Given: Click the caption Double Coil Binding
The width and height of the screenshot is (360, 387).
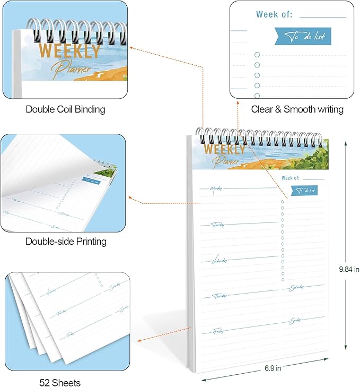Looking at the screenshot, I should tap(65, 109).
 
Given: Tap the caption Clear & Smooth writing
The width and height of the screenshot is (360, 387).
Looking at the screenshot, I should tap(297, 109).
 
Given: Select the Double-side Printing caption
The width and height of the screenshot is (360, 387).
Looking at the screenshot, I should tap(66, 242).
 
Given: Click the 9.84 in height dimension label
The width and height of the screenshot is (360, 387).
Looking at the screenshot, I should tap(349, 270).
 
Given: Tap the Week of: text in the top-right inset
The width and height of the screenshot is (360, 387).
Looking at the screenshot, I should tap(274, 14).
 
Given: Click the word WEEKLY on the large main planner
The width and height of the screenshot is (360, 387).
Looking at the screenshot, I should tap(225, 149).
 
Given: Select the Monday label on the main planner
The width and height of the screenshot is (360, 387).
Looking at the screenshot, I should tap(216, 189).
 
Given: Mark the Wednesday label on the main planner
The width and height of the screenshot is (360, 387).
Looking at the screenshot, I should tap(219, 261).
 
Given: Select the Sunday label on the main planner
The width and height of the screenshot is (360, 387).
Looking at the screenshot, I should tap(296, 321).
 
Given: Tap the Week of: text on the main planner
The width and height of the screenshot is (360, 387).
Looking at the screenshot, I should tap(291, 178).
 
